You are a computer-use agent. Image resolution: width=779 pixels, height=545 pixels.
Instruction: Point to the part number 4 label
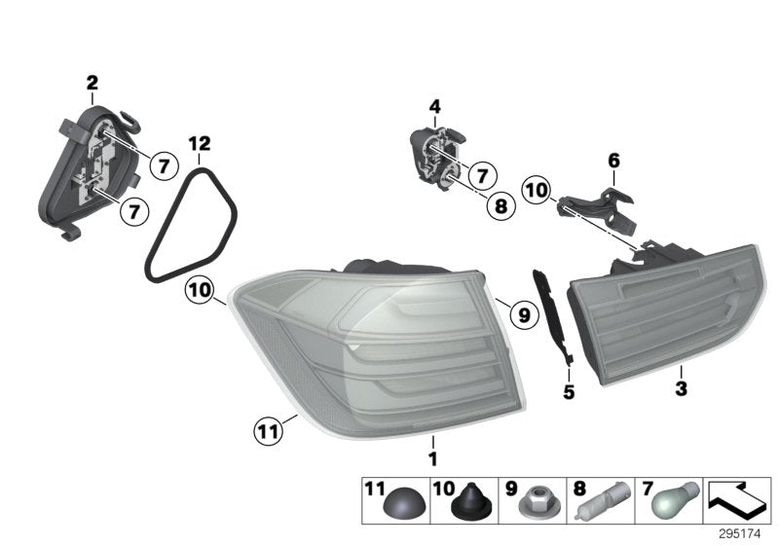point(434,106)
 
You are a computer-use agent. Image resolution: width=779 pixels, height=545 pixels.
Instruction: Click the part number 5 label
point(569,393)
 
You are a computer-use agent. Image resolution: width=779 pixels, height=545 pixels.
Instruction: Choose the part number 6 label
point(613,160)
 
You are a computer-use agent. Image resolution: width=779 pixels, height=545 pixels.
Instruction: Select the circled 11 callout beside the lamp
point(267,428)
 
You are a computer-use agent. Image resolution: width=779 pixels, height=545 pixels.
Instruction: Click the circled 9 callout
point(523,314)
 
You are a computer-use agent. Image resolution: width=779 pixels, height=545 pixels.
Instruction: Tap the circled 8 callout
point(500,206)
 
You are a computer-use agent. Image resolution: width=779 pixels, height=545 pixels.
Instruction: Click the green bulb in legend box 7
point(671,504)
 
